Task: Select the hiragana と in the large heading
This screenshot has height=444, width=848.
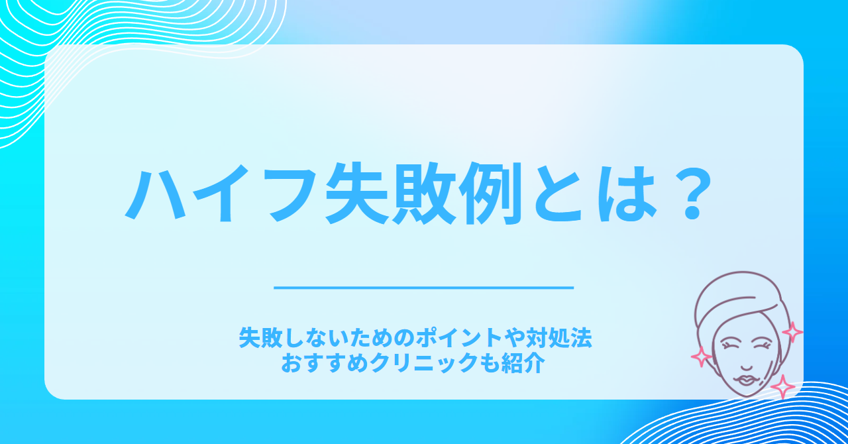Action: coord(558,195)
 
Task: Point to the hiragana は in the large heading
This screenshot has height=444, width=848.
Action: coord(627,195)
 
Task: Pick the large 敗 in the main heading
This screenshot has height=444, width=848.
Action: coord(424,194)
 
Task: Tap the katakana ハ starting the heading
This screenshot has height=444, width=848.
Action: coord(155,195)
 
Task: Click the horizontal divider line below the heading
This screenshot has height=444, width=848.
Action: coord(423,288)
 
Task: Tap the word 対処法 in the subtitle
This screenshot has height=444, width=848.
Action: coord(558,339)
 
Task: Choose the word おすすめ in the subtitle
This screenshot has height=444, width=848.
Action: coord(325,363)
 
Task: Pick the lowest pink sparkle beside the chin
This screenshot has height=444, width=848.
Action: coord(782,387)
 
